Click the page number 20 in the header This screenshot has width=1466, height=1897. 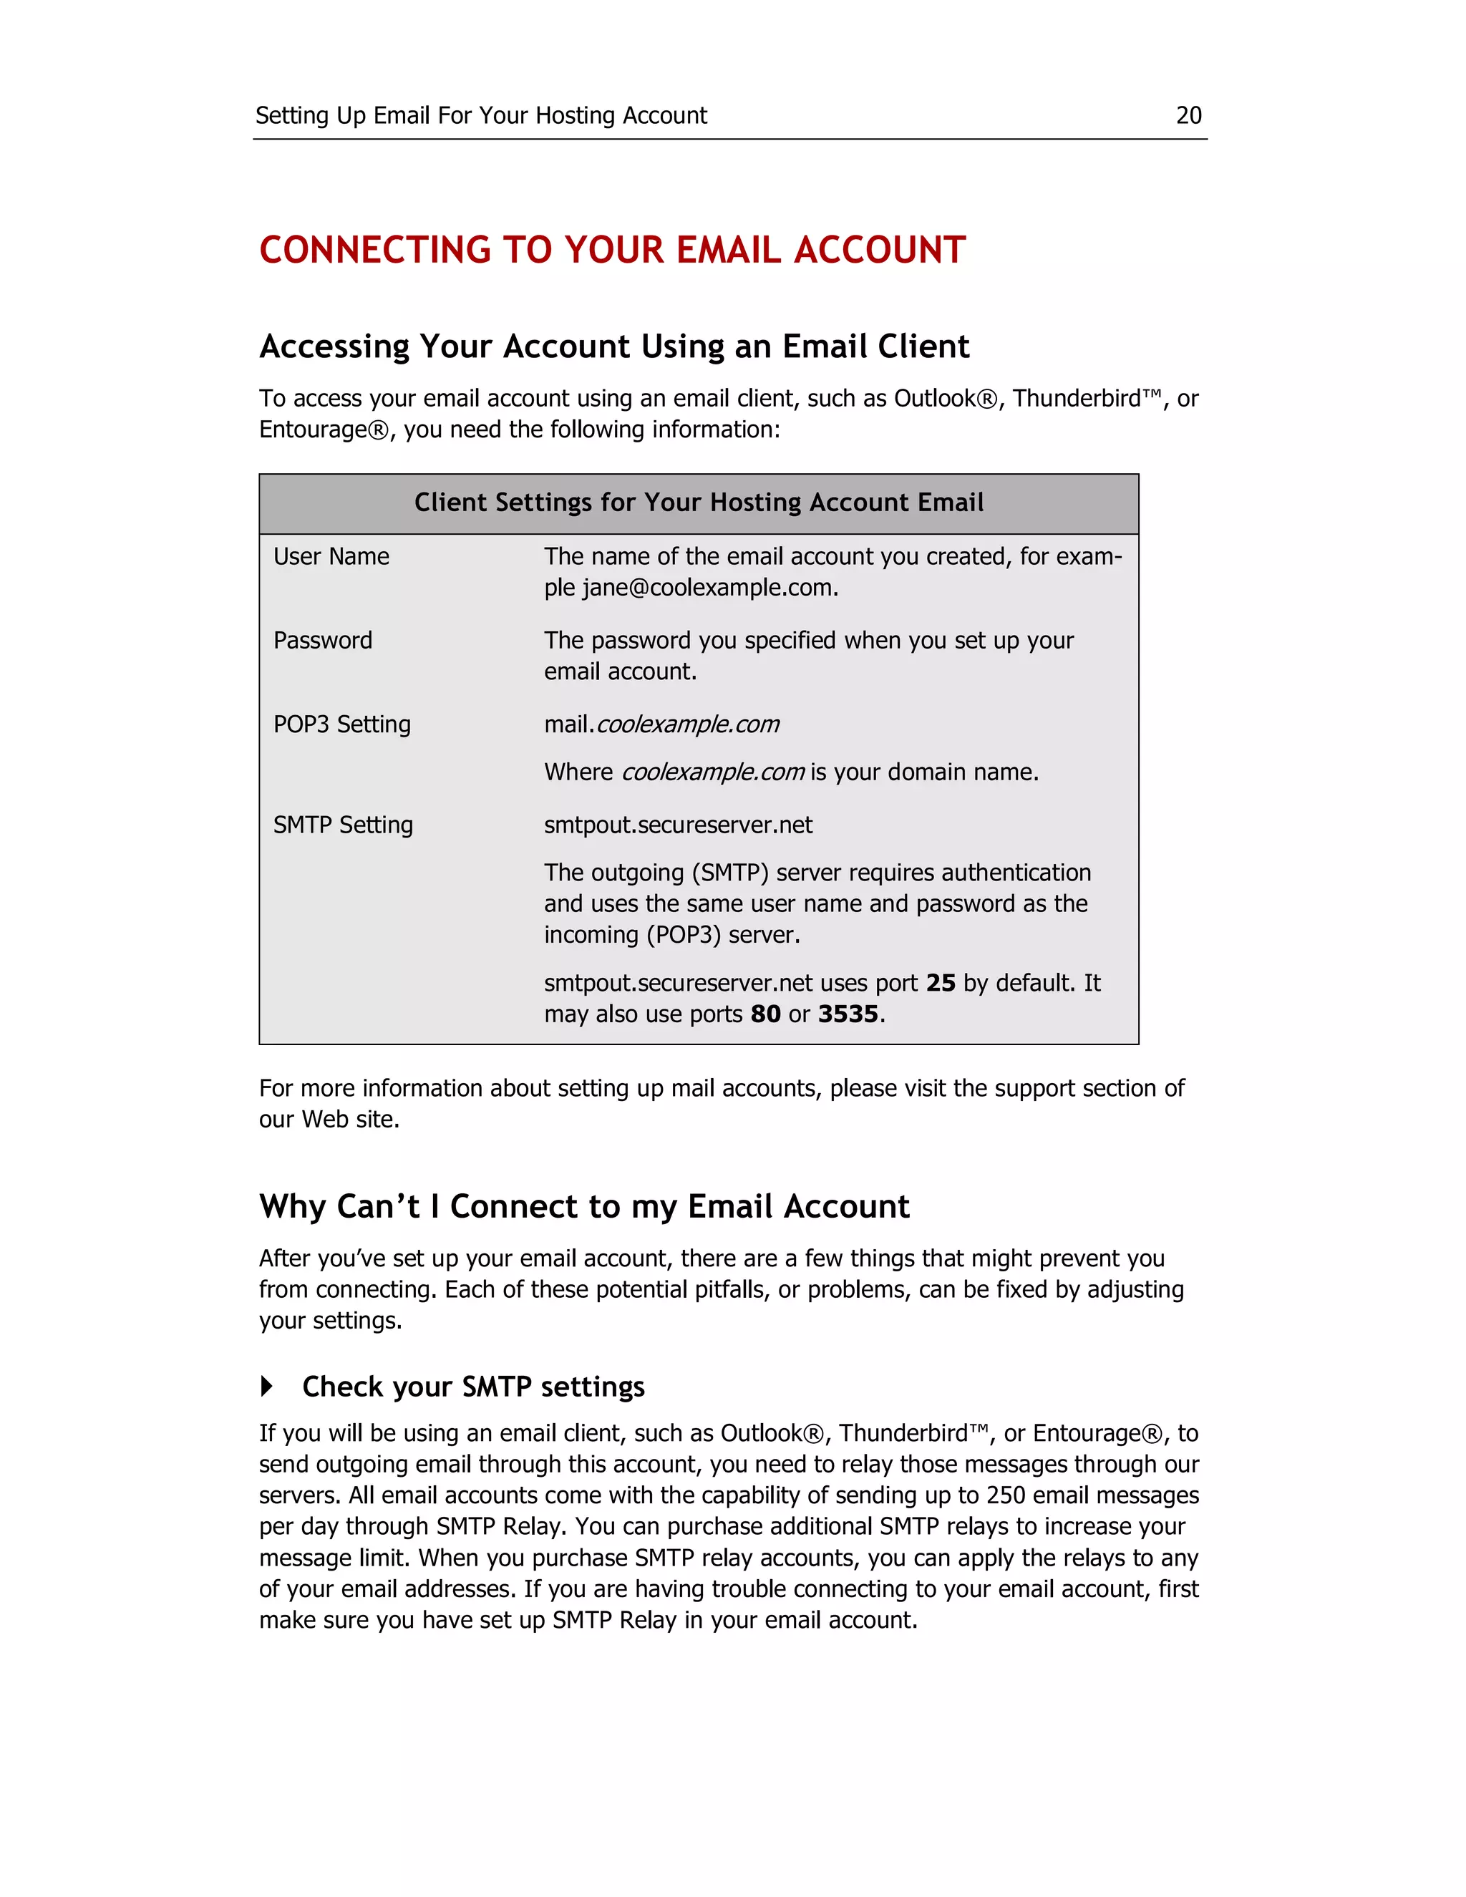[x=1188, y=115]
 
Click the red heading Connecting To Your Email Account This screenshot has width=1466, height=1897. [x=611, y=250]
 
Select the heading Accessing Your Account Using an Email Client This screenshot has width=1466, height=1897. [x=614, y=346]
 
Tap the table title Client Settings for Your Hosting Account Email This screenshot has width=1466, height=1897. [x=698, y=503]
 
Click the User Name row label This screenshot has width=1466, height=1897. [x=331, y=557]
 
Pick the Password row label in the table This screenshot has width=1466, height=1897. [x=322, y=641]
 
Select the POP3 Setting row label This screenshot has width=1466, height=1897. [x=341, y=724]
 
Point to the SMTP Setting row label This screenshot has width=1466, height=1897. [x=343, y=825]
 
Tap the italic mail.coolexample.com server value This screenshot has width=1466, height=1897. [x=662, y=724]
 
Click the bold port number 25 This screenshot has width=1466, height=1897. [x=940, y=984]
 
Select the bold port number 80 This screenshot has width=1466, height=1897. [x=765, y=1014]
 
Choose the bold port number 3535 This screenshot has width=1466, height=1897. [x=848, y=1014]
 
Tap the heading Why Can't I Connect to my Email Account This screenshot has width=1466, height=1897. [x=583, y=1208]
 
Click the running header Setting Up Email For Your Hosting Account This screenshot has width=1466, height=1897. [x=481, y=115]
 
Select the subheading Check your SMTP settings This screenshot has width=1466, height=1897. [x=473, y=1387]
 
